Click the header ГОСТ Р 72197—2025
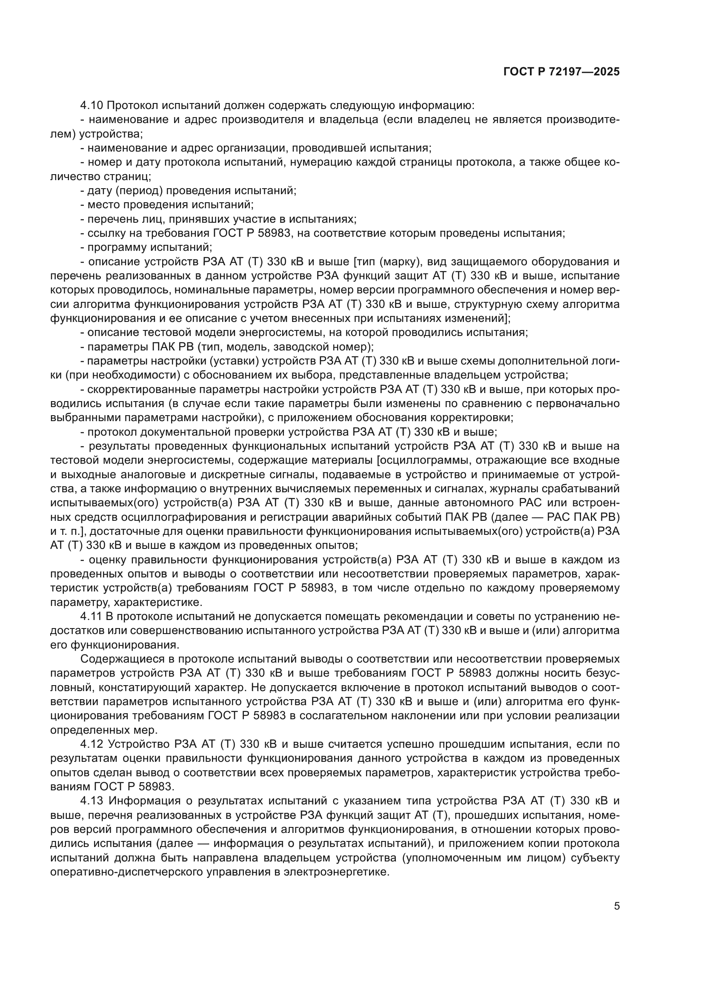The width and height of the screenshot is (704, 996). [561, 72]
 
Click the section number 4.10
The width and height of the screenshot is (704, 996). [92, 106]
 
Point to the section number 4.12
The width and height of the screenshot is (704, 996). [92, 744]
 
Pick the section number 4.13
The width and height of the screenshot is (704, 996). [92, 801]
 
